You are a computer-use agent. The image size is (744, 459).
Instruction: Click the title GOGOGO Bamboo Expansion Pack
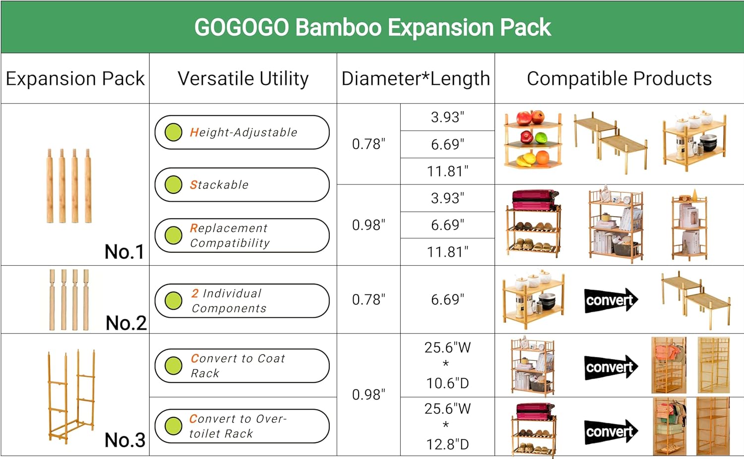[372, 27]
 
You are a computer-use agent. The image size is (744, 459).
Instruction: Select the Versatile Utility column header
[243, 79]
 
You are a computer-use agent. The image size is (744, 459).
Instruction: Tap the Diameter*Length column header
[416, 79]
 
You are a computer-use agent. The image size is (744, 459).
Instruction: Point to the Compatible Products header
[619, 79]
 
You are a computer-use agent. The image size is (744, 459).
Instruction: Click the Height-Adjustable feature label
[244, 132]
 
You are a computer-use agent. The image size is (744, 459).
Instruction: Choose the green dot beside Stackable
[174, 184]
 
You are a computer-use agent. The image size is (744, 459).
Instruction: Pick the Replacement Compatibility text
[230, 235]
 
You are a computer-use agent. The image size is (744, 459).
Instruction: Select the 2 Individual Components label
[229, 301]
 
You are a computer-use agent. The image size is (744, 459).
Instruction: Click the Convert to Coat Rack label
[238, 366]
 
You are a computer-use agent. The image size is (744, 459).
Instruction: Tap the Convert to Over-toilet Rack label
[238, 426]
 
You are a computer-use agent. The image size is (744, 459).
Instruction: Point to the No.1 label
[124, 252]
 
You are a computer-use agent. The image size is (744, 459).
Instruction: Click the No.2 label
[126, 323]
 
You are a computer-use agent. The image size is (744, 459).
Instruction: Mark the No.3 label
[125, 440]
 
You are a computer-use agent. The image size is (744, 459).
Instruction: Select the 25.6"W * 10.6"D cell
[447, 365]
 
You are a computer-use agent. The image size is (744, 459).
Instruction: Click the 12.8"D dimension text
[447, 445]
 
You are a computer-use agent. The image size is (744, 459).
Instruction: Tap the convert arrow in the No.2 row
[611, 300]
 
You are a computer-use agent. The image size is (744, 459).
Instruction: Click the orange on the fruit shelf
[542, 157]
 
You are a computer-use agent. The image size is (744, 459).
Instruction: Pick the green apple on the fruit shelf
[541, 137]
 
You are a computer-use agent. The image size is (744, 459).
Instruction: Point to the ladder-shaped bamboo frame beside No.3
[71, 397]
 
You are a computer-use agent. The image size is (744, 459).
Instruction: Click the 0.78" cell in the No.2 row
[369, 300]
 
